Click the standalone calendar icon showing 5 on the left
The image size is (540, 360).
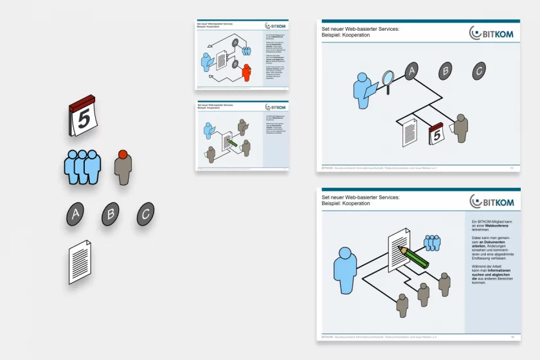[82, 116]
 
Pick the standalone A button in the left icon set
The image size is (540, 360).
[75, 214]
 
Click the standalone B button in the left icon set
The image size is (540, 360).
[111, 214]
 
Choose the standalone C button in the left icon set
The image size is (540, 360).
[146, 214]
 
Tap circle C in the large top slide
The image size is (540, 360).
[478, 71]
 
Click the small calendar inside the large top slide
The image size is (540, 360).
[437, 134]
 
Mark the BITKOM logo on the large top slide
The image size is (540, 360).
[491, 32]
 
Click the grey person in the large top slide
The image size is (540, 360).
[460, 127]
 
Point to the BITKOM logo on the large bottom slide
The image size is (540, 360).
[491, 201]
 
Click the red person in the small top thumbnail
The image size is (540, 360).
[246, 72]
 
